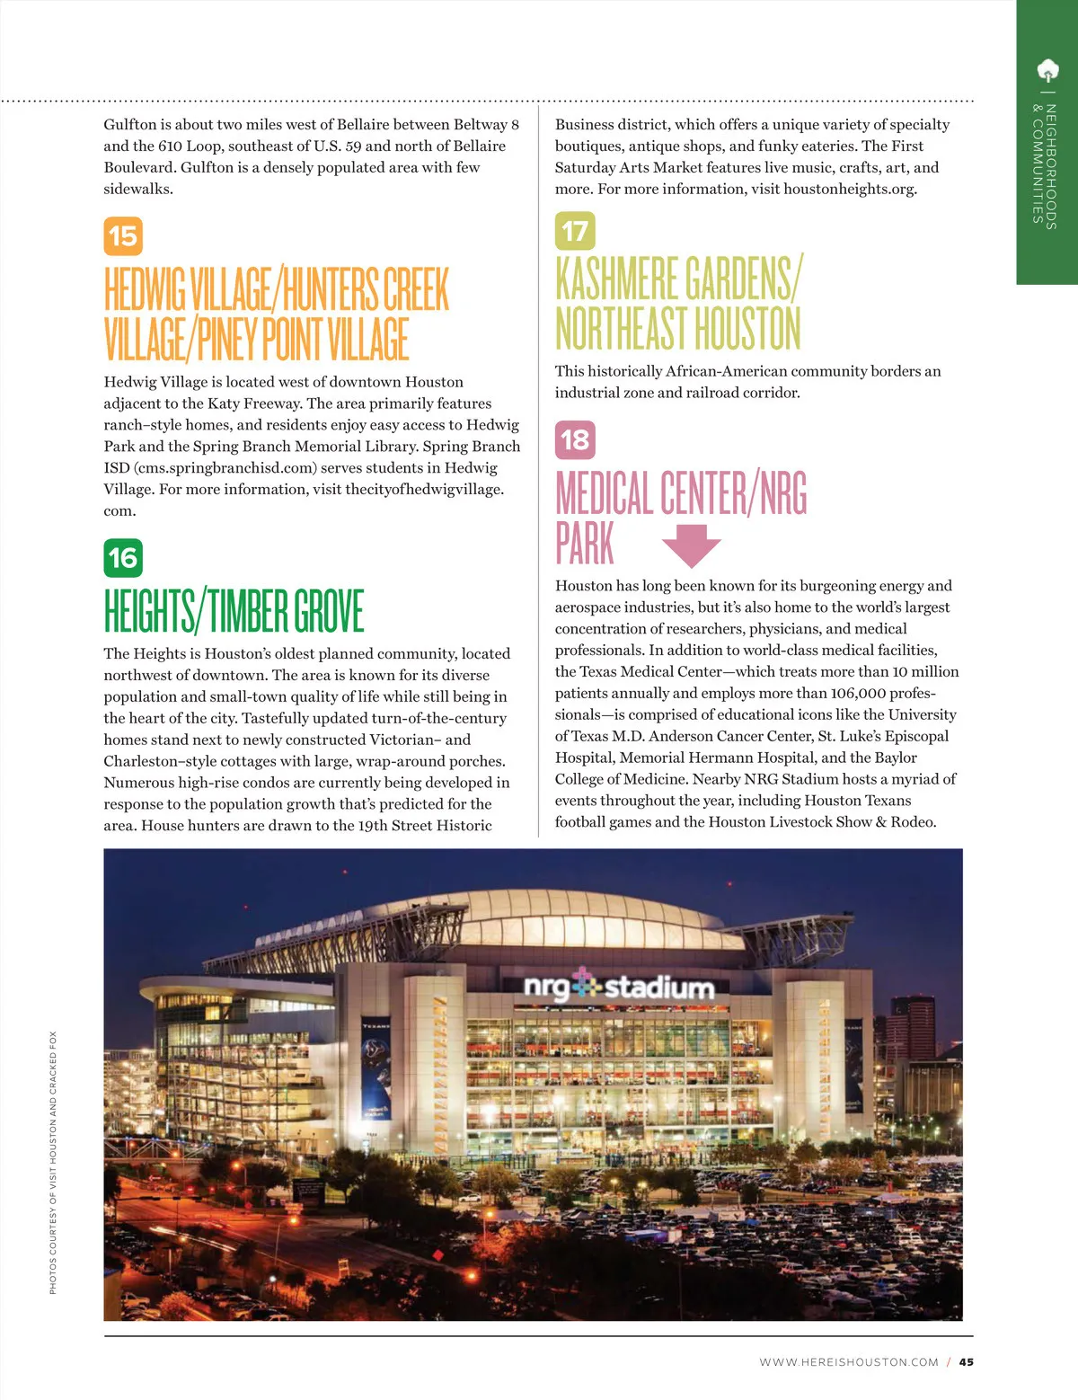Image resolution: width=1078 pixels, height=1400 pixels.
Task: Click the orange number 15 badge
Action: (x=123, y=236)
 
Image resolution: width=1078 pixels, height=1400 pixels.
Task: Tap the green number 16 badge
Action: (x=123, y=558)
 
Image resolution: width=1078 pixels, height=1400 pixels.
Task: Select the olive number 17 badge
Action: (x=575, y=231)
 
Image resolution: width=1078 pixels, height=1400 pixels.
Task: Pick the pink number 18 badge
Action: (x=575, y=439)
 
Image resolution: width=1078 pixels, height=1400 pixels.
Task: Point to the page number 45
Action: (x=966, y=1361)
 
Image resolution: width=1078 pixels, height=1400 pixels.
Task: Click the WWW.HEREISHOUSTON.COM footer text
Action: (x=848, y=1362)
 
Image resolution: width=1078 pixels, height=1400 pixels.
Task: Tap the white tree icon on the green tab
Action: (x=1047, y=70)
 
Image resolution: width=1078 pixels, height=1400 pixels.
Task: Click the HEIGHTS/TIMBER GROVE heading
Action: (x=234, y=611)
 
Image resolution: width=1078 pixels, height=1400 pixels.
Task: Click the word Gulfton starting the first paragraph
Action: (x=130, y=125)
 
